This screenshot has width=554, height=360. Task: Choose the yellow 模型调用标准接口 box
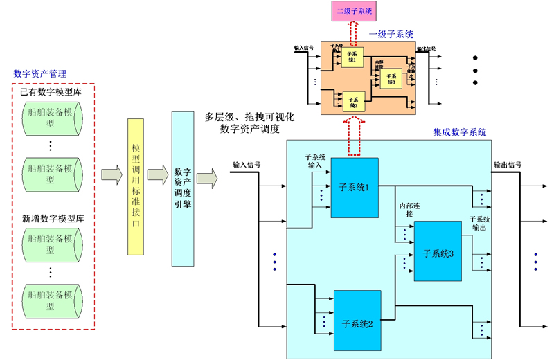pos(136,186)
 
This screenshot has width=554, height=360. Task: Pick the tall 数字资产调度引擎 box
pos(183,187)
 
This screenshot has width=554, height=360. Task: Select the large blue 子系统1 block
pos(355,187)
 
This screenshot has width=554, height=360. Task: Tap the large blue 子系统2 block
pos(357,323)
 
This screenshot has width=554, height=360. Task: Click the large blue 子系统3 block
pos(437,252)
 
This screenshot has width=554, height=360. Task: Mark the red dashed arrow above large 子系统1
pos(354,138)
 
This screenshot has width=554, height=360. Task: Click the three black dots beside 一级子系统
pos(475,70)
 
